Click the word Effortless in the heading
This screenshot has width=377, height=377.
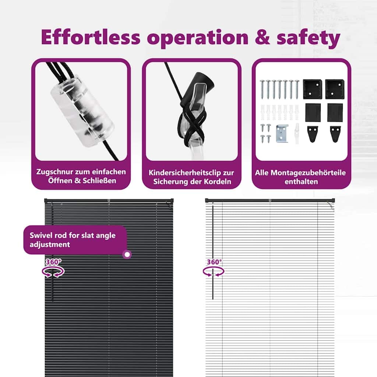click(x=91, y=37)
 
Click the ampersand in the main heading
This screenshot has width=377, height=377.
click(x=263, y=37)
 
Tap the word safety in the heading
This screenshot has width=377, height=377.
click(x=309, y=38)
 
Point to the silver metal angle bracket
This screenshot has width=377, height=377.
click(x=282, y=134)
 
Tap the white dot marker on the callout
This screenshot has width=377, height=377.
click(x=127, y=254)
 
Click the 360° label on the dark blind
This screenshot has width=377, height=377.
click(x=53, y=262)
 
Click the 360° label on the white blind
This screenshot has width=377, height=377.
click(x=215, y=262)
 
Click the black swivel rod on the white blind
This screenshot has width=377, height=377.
click(x=213, y=253)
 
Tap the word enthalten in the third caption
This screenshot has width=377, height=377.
click(x=301, y=182)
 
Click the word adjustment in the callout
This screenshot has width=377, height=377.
click(x=50, y=245)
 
